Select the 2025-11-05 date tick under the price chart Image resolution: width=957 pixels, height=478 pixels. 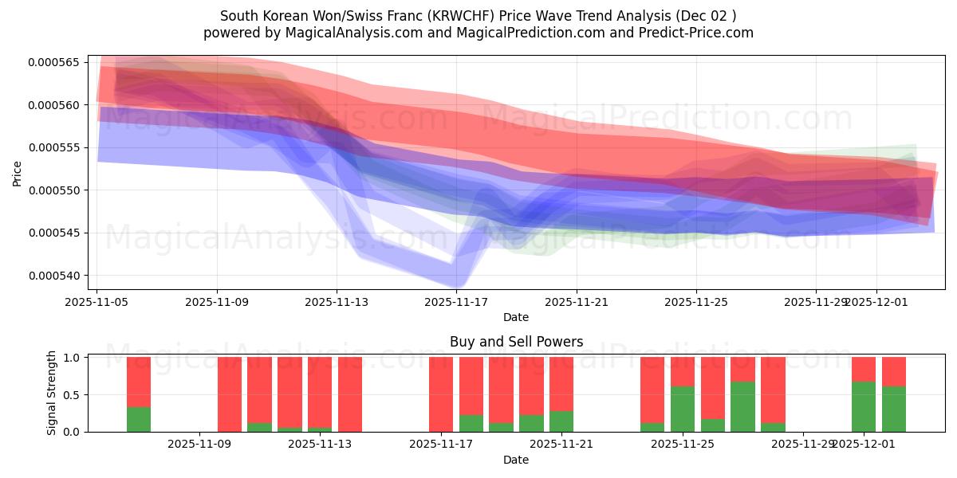(x=97, y=302)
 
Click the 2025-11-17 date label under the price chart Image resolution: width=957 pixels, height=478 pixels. (x=456, y=302)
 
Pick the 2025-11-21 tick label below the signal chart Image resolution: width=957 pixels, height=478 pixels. (x=561, y=444)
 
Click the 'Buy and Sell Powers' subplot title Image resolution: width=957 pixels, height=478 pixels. (x=516, y=342)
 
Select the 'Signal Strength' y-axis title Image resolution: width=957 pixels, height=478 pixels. (x=53, y=394)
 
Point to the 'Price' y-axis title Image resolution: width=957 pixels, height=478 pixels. (x=18, y=172)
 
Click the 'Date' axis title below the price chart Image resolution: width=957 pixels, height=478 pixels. (x=516, y=317)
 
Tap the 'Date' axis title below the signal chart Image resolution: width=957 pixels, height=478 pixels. (x=516, y=460)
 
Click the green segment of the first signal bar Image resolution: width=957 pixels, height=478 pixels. (x=139, y=419)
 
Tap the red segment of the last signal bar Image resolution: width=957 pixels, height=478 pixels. (x=894, y=371)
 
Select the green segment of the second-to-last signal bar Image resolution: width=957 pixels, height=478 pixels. (x=864, y=406)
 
